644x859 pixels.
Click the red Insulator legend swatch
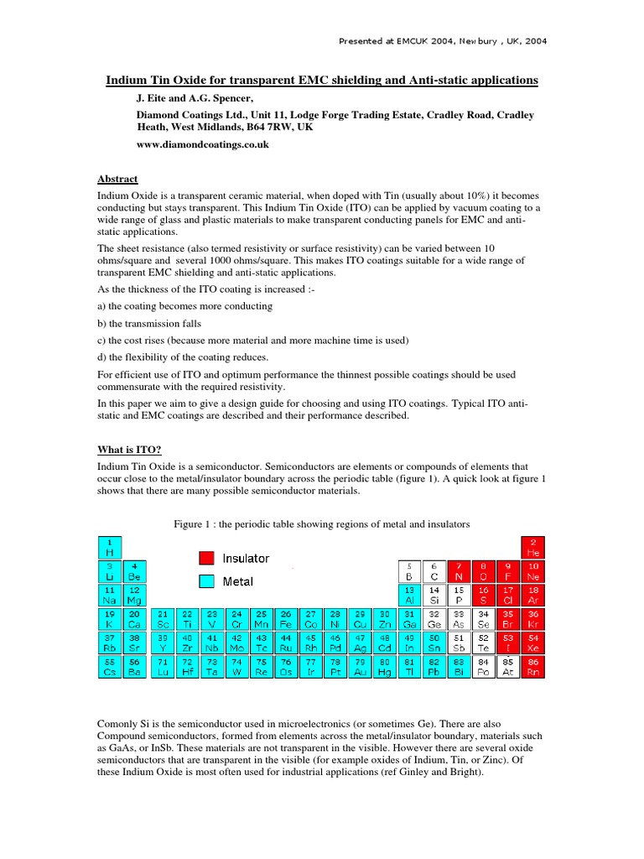[206, 558]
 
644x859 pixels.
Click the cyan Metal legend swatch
[206, 580]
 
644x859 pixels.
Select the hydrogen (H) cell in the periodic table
[109, 548]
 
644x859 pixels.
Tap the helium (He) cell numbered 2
[532, 548]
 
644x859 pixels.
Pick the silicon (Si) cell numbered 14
[434, 595]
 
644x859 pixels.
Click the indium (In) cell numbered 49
[409, 643]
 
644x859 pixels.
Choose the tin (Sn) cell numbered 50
[434, 643]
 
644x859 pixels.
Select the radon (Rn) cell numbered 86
[532, 666]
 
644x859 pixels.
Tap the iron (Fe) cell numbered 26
[286, 619]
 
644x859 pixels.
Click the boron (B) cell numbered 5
[409, 571]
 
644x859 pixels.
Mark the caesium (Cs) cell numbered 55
[109, 666]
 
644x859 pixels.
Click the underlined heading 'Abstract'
[117, 180]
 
